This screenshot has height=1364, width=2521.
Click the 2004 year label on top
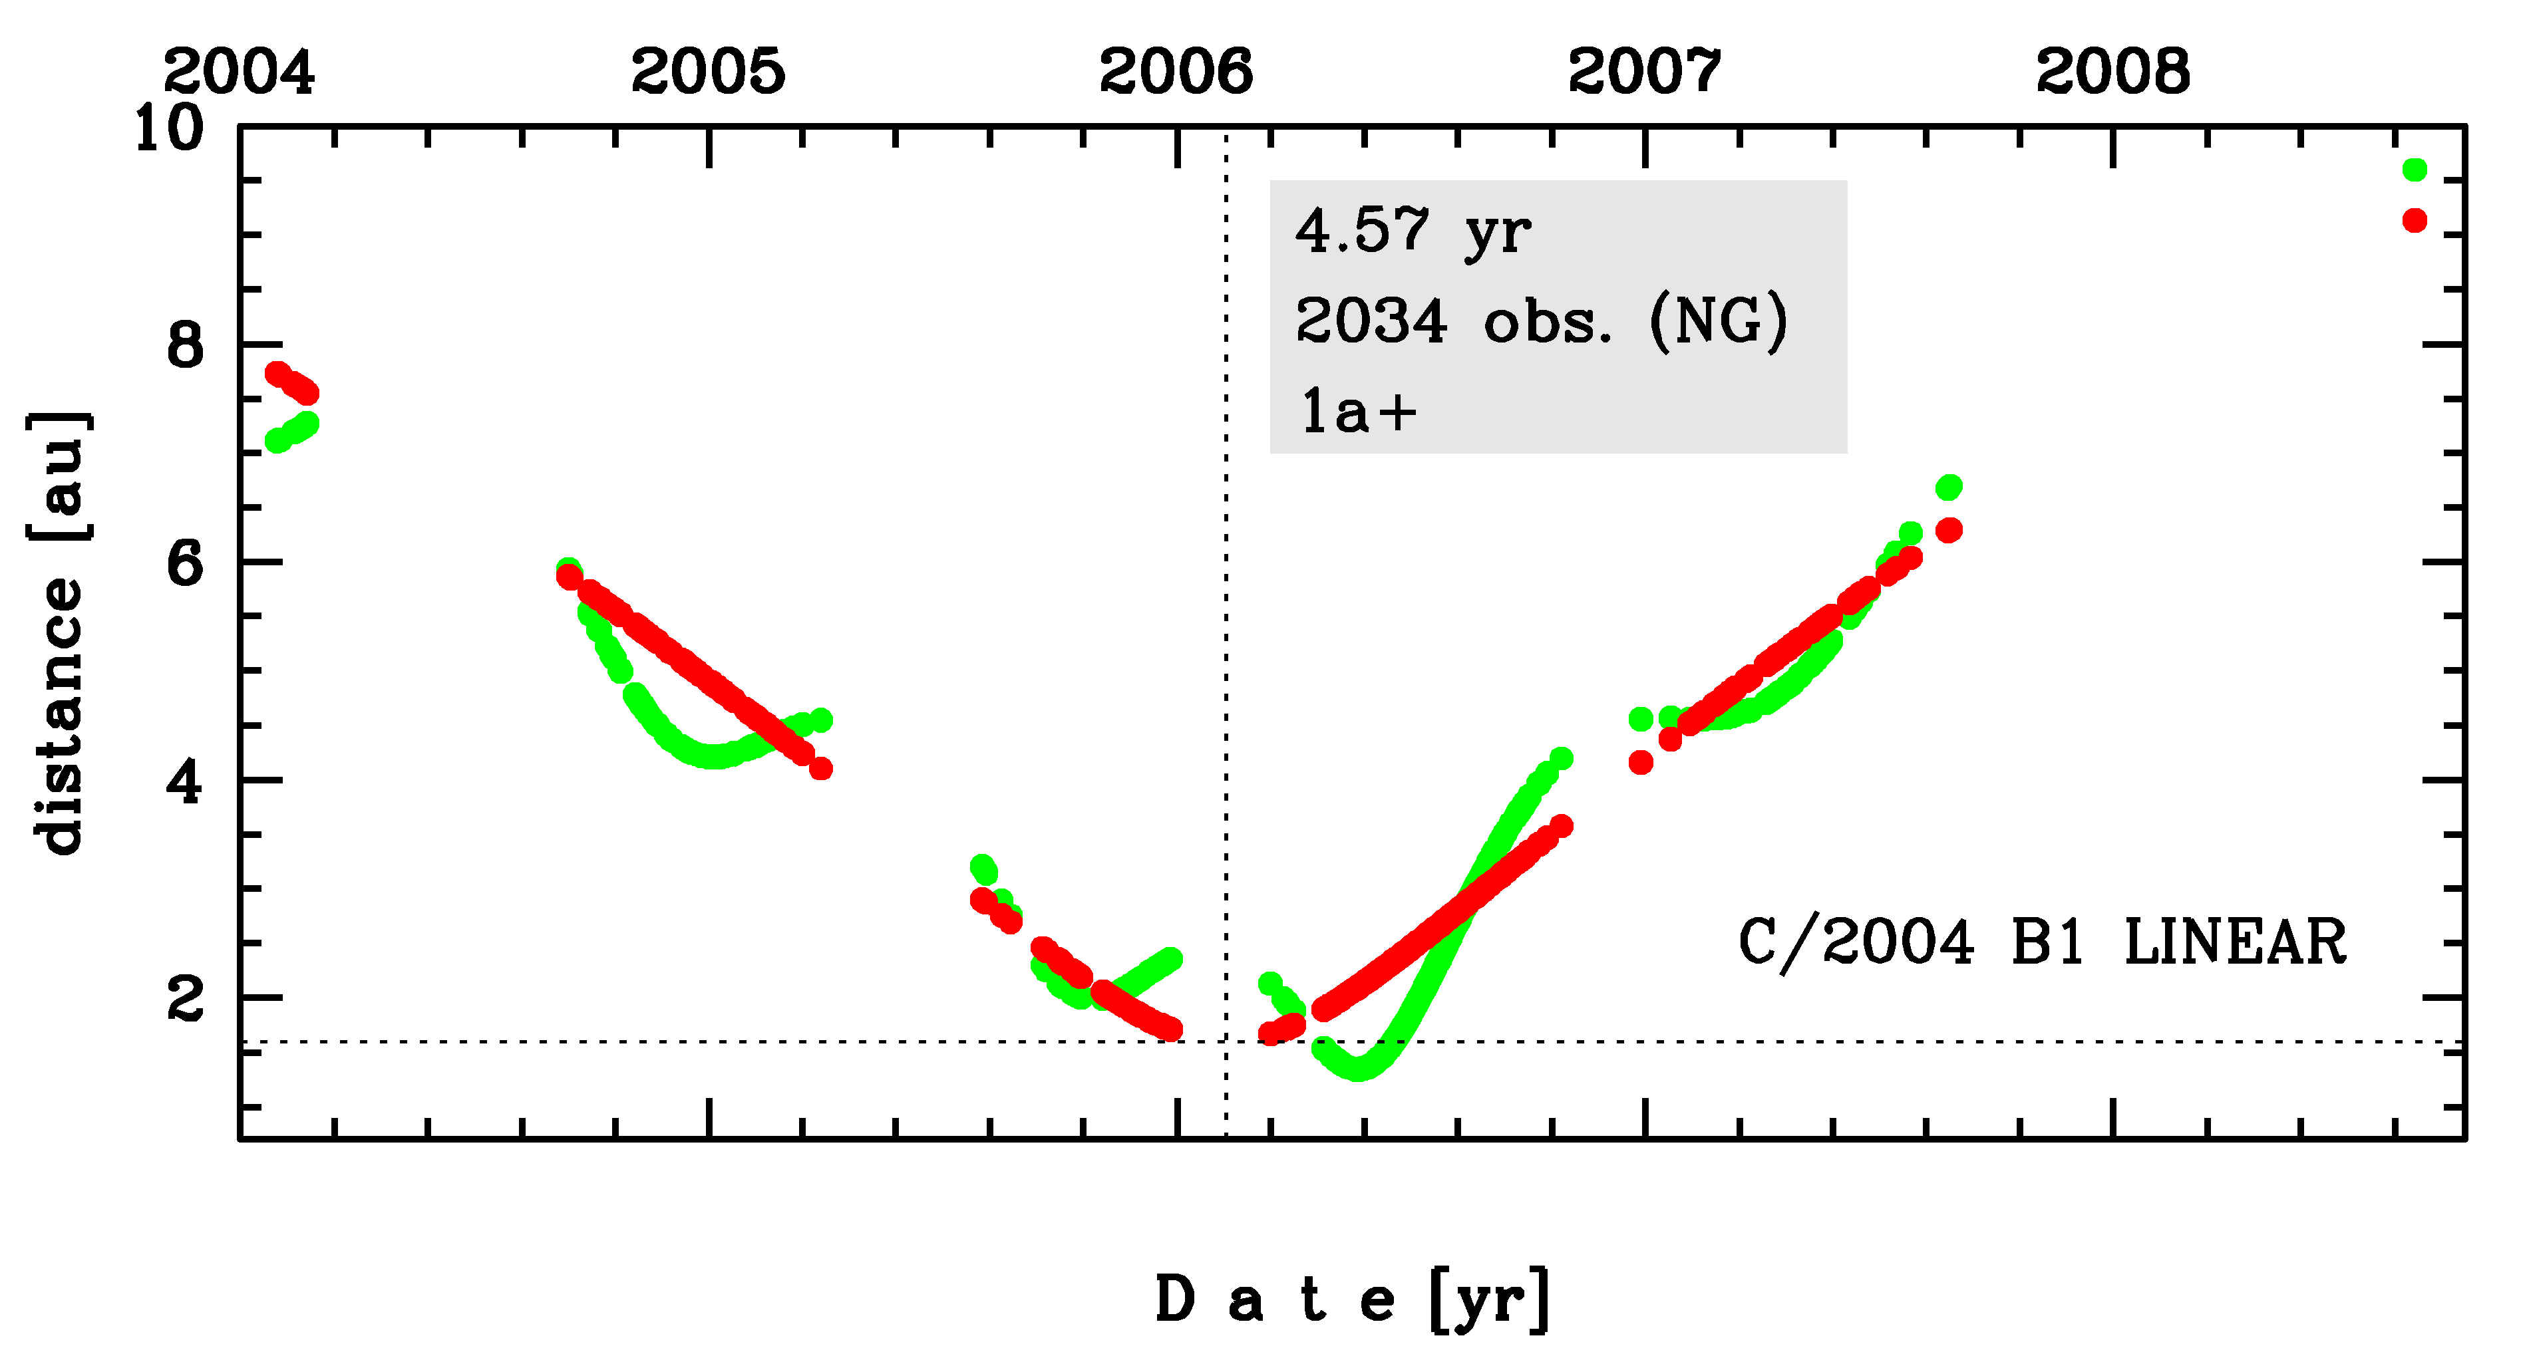tap(239, 71)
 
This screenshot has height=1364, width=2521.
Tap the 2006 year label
tap(1176, 71)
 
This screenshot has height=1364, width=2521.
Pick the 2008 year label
tap(2113, 71)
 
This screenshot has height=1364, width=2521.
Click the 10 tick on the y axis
tap(168, 128)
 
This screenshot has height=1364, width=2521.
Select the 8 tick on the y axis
tap(186, 345)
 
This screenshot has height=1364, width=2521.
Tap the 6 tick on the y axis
tap(186, 563)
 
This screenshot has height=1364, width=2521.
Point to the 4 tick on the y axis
tap(186, 782)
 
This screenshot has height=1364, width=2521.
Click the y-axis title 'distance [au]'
tap(59, 633)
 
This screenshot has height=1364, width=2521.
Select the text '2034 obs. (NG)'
tap(1542, 321)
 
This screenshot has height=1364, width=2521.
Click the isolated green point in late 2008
tap(2415, 170)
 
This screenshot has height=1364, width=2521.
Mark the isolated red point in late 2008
tap(2415, 220)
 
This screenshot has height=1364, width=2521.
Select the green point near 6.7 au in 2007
tap(1949, 486)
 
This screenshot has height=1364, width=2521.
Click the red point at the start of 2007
tap(1641, 762)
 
